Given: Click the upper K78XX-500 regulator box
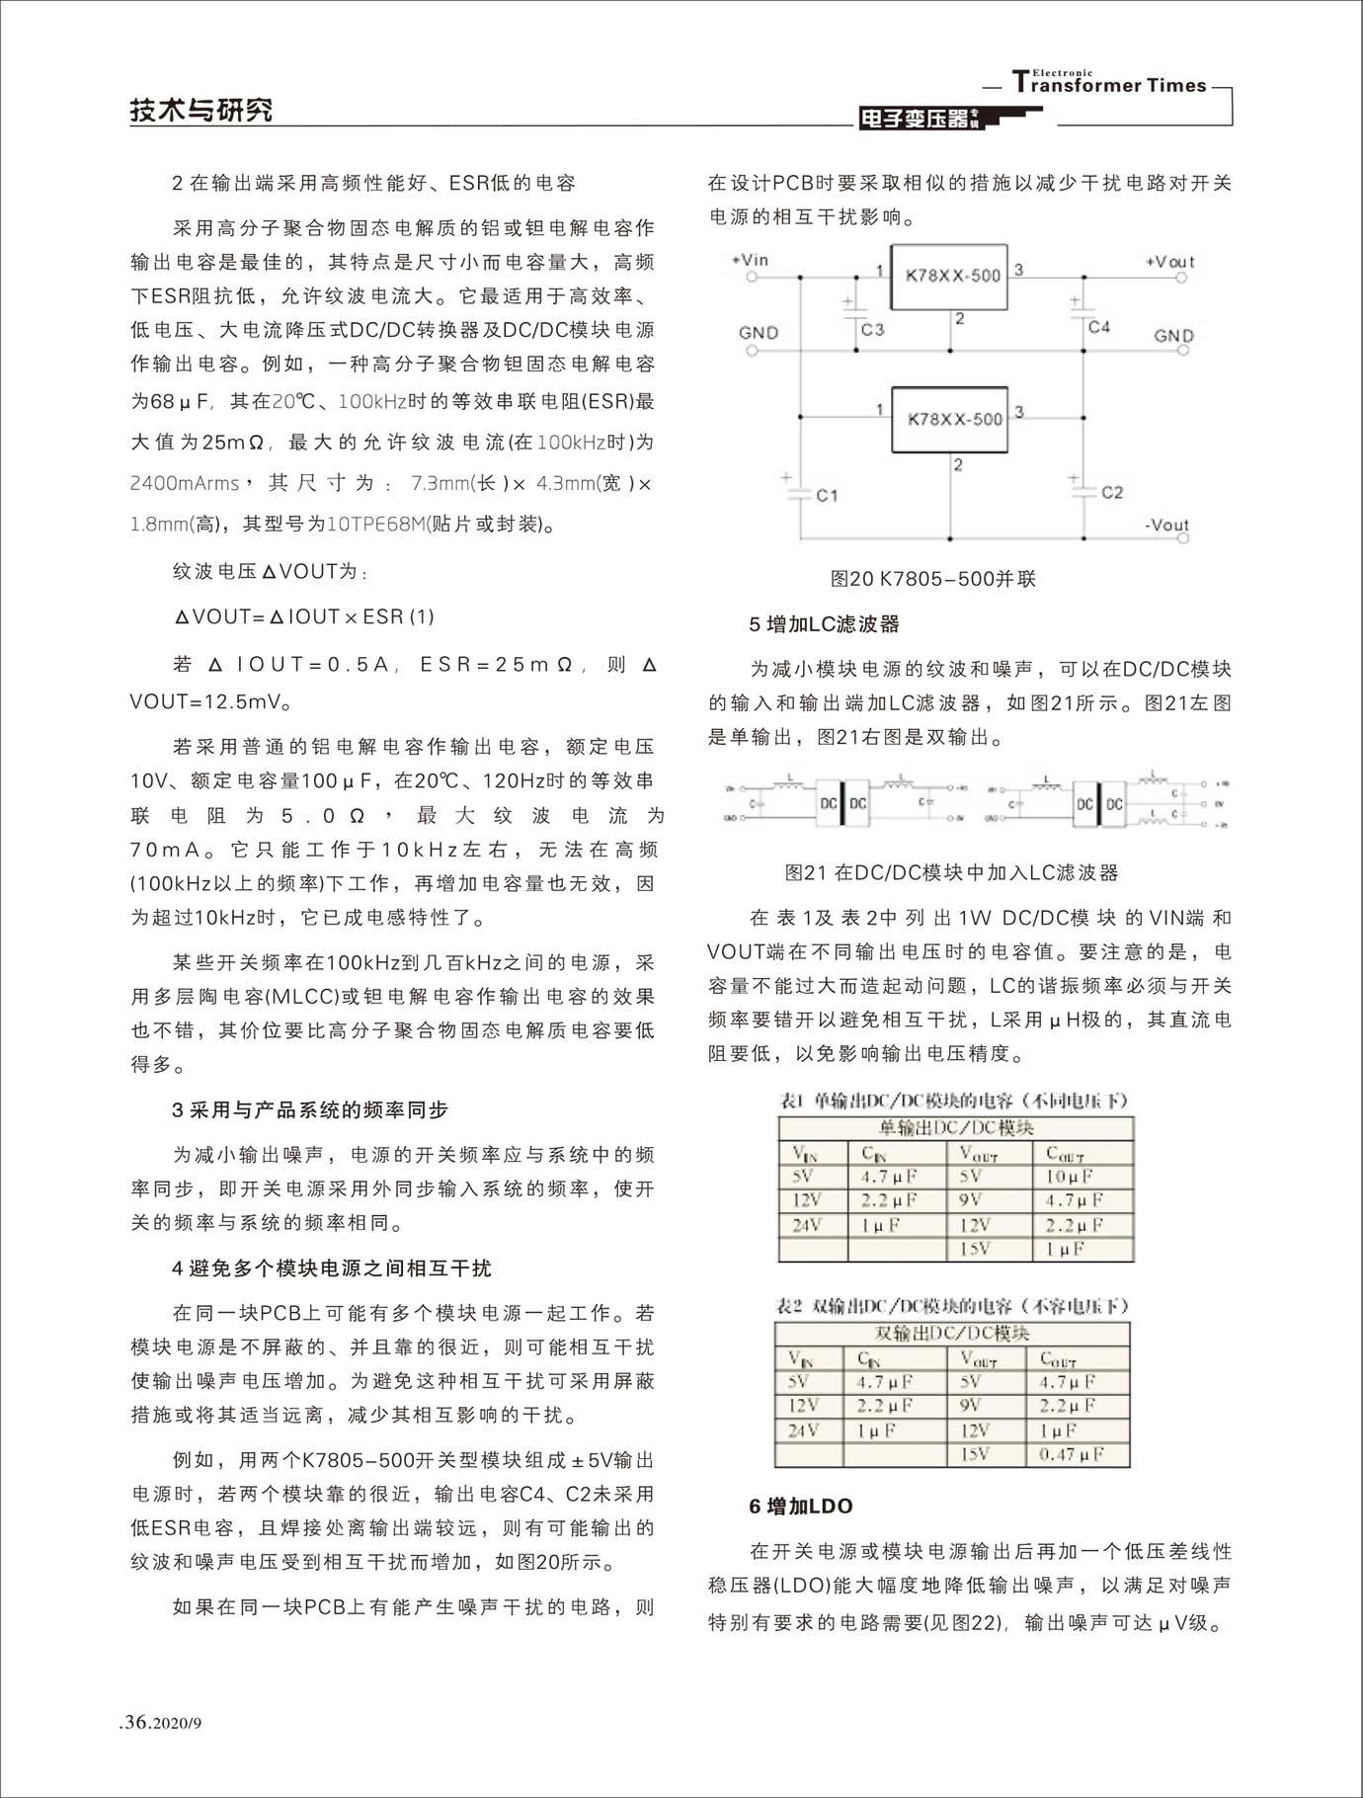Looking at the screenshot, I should click(x=949, y=277).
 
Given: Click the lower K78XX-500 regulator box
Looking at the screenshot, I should click(x=949, y=419).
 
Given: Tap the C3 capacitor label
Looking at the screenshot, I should click(x=872, y=329).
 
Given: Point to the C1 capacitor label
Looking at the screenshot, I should click(x=827, y=494).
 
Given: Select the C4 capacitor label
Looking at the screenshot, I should click(x=1098, y=326).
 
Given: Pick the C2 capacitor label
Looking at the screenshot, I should click(x=1111, y=492).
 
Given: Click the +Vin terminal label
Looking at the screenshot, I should click(x=750, y=260).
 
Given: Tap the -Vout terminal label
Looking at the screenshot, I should click(x=1166, y=525).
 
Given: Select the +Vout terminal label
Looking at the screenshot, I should click(x=1169, y=262).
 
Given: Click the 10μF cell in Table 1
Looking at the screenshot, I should click(x=1070, y=1177).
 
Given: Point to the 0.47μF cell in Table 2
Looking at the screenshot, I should click(x=1072, y=1454).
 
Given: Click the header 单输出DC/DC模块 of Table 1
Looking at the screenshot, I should click(x=956, y=1128).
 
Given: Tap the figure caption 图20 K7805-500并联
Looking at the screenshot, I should click(x=932, y=579).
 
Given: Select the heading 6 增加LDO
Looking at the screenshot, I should click(x=800, y=1506).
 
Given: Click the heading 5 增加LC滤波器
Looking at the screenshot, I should click(x=824, y=624).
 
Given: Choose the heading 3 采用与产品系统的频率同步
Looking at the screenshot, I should click(x=310, y=1109).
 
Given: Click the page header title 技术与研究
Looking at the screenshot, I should click(x=201, y=110).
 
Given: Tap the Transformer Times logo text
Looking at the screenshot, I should click(x=1110, y=84).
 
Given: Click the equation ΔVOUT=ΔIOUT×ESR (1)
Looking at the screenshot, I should click(x=304, y=616).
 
